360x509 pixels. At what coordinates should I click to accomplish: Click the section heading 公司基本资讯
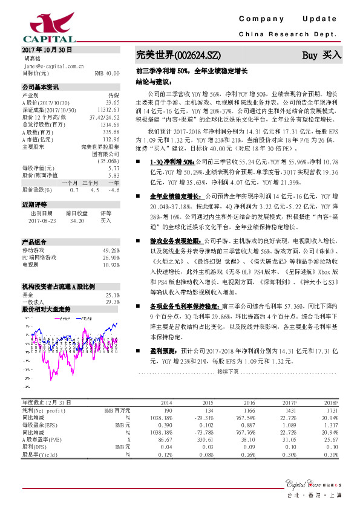pos(41,87)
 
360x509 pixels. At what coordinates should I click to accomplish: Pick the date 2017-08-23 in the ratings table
pos(41,221)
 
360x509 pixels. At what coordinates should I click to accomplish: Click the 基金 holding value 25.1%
pos(113,294)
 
